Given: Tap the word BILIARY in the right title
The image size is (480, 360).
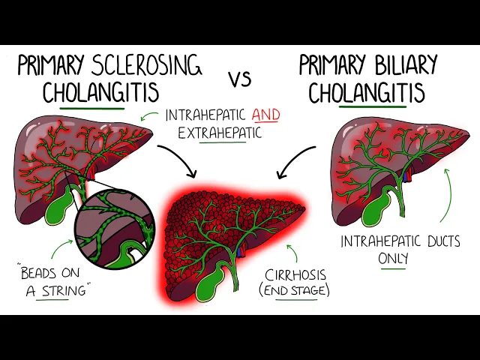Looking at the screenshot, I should [x=398, y=66].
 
